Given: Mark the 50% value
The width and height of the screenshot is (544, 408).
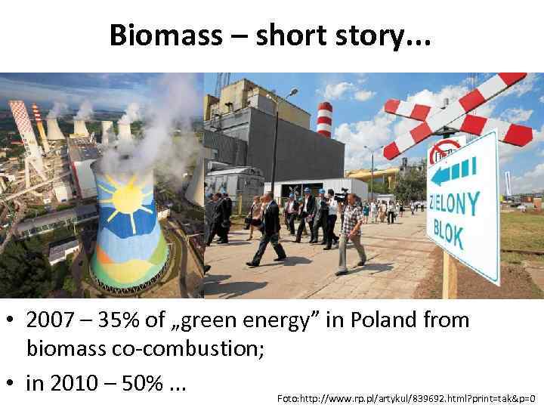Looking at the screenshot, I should pos(140,383).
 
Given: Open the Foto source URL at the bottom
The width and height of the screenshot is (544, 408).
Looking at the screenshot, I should pos(406,397).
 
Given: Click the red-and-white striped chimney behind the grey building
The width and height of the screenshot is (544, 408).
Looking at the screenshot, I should pos(324,119).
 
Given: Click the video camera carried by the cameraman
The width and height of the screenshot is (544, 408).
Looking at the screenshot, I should pos(340,196).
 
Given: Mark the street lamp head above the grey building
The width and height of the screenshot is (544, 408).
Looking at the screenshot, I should pos(292,92).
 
